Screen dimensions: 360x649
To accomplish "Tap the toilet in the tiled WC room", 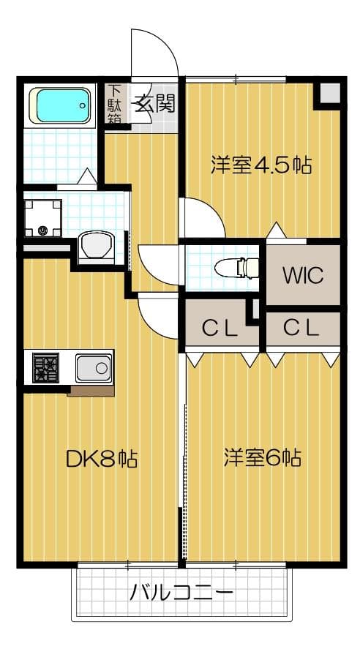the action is click(x=236, y=267).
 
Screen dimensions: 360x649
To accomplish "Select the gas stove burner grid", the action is click(x=45, y=367).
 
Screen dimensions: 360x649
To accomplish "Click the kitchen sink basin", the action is click(x=94, y=367).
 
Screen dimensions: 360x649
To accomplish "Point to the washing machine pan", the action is click(x=42, y=218).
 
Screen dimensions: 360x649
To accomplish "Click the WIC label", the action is click(x=303, y=275).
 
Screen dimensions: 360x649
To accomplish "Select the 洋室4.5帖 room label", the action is click(x=260, y=165).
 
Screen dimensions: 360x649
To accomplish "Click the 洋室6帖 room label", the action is click(x=263, y=458).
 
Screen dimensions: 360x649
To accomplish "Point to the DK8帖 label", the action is click(x=102, y=459).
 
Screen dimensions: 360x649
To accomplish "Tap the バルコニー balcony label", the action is click(x=181, y=594).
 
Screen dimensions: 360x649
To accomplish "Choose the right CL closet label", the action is click(x=301, y=329).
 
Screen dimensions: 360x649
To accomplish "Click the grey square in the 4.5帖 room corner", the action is click(x=331, y=93).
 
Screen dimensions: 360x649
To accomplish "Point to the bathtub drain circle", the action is click(x=83, y=105).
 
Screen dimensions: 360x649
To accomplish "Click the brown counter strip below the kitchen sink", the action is click(x=91, y=391).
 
